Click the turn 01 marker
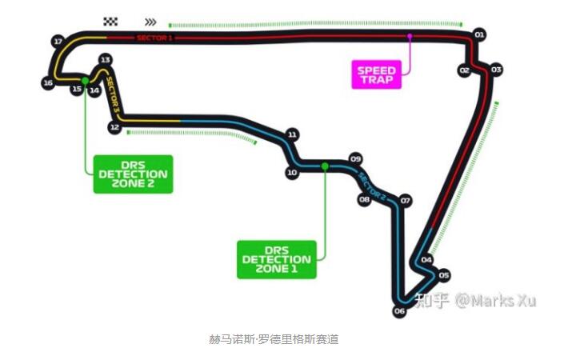point(479,34)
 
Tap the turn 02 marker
point(464,70)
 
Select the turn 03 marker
point(496,70)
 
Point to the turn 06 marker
point(399,311)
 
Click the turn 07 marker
point(406,200)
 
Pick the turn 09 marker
point(356,158)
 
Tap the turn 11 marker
point(292,134)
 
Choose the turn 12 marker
point(115,127)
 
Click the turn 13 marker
point(105,60)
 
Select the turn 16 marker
point(48,82)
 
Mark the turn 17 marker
point(57,40)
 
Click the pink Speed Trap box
point(376,74)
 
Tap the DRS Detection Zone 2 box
point(132,174)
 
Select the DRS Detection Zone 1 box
point(276,258)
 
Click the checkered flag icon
point(110,22)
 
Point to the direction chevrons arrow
point(150,22)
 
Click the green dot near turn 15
point(85,80)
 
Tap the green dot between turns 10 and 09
point(325,166)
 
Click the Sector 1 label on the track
point(154,38)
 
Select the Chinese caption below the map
point(274,339)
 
